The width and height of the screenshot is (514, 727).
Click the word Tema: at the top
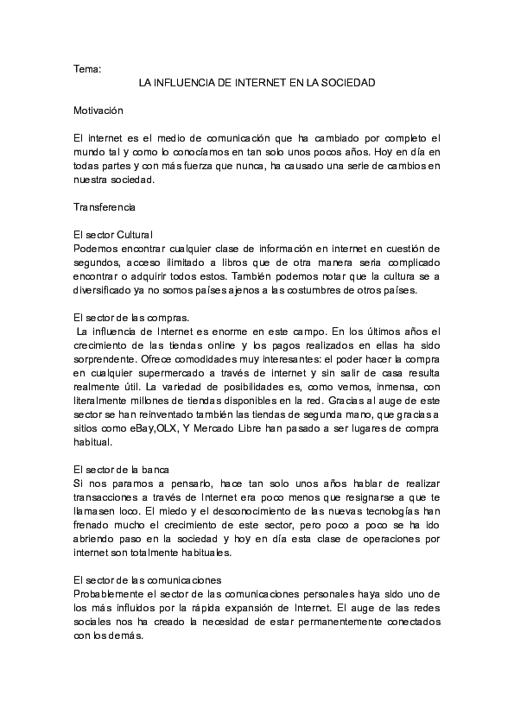(x=87, y=68)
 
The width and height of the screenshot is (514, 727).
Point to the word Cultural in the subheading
(x=134, y=235)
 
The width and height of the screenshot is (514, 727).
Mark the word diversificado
(x=105, y=290)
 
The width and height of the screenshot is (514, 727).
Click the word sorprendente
(x=109, y=359)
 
